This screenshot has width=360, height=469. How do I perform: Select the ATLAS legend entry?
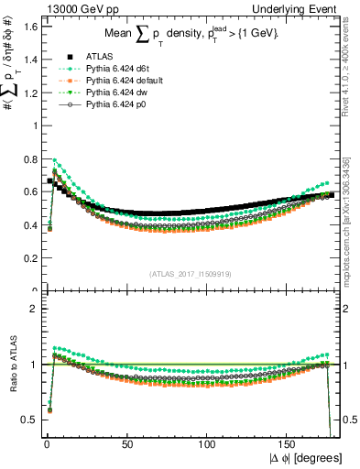(97, 57)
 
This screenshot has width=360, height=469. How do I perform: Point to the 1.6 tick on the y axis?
(29, 27)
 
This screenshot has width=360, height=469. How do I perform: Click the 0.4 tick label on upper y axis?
(29, 225)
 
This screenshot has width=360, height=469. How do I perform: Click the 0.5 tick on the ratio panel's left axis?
(29, 420)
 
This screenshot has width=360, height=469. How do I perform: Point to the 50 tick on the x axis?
(126, 444)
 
